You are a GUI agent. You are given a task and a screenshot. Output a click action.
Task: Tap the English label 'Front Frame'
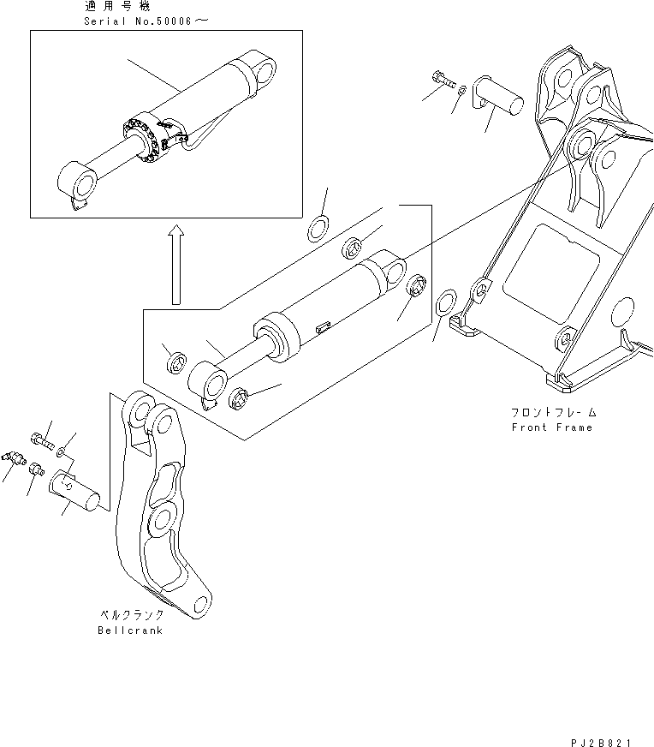coord(551,427)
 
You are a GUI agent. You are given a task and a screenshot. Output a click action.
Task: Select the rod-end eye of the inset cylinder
coord(75,183)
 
